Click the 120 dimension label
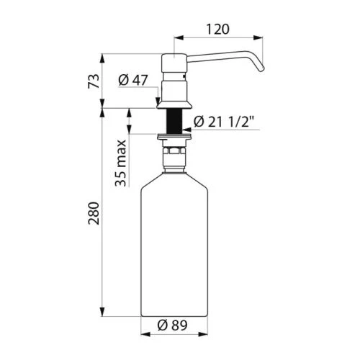[x=217, y=30]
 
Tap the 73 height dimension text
[x=94, y=81]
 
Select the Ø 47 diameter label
[x=133, y=80]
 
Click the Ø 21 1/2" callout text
[x=224, y=122]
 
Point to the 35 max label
[x=120, y=163]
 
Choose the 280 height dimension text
[x=94, y=213]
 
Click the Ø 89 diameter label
[x=172, y=325]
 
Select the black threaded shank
[x=174, y=121]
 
